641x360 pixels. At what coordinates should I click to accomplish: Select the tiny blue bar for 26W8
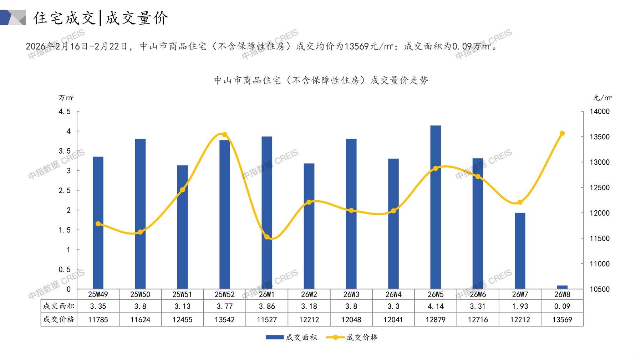562,287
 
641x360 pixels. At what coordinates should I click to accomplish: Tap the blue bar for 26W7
520,251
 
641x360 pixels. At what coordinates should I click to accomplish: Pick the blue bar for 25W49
98,223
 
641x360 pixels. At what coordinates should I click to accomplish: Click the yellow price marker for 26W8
562,133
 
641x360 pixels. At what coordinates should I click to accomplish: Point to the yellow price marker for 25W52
225,135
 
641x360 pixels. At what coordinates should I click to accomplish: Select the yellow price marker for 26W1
267,237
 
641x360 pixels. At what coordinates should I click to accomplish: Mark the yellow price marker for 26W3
351,211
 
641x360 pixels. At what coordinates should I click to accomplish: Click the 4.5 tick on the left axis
65,112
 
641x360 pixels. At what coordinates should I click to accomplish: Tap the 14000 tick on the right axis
600,112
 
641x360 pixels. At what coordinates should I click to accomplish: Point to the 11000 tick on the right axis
600,264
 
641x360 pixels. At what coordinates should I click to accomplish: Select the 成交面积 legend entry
291,337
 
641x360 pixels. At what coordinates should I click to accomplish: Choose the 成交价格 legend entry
352,337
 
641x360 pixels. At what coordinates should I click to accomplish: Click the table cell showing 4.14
436,306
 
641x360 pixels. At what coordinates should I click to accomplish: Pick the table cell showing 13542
225,320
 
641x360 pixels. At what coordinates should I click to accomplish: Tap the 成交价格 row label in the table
59,319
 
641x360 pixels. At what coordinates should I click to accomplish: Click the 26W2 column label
309,294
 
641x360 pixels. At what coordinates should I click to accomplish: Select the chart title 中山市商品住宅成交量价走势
321,81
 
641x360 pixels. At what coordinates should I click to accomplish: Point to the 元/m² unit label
602,98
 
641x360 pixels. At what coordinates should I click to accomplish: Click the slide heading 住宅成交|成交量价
101,18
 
